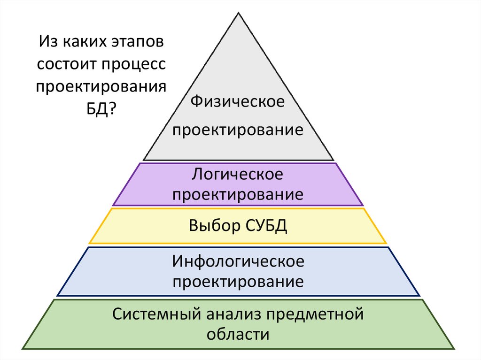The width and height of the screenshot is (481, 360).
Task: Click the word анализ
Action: [230, 314]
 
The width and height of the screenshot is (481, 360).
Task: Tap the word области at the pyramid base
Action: [238, 335]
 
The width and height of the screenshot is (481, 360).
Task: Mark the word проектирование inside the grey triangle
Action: [238, 130]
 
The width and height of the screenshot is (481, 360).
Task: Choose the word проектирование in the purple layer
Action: [238, 194]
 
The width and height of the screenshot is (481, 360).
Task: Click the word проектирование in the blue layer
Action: [238, 282]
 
